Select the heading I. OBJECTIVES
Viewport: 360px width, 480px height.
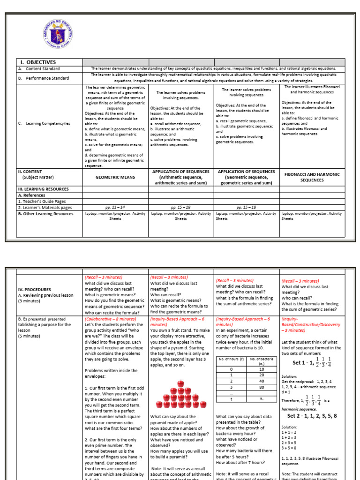[37, 62]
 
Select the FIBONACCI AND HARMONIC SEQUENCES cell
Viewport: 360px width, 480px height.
[312, 177]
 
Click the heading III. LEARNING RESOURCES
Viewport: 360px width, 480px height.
[43, 189]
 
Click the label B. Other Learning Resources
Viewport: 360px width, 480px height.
[45, 214]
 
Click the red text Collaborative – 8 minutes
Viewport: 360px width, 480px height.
[111, 318]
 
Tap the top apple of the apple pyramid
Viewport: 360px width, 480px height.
[180, 383]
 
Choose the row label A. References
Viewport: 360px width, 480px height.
[33, 195]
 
